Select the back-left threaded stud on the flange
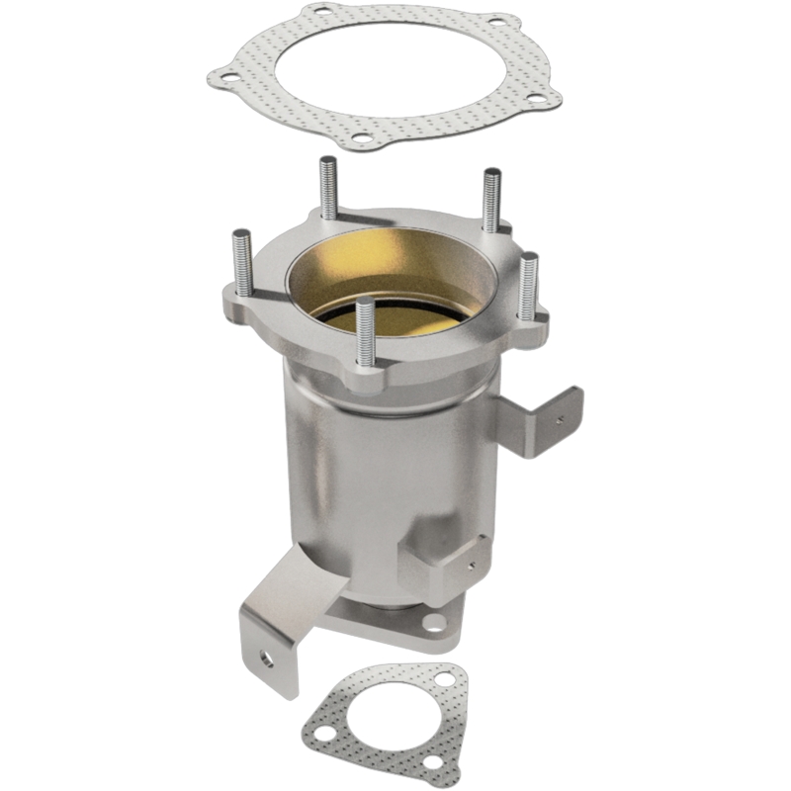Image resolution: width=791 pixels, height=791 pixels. point(327,188)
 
